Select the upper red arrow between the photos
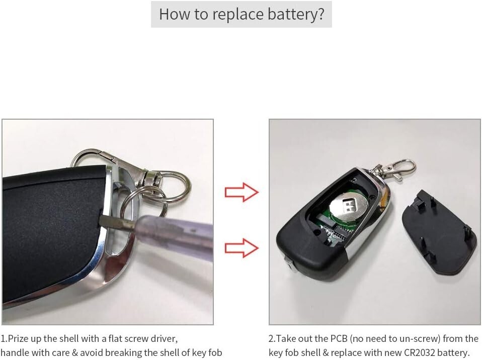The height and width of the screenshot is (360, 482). coord(242,192)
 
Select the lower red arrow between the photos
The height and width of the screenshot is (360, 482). coord(242,247)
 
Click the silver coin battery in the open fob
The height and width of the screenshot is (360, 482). coord(350,204)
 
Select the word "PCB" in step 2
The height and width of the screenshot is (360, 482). coord(339,339)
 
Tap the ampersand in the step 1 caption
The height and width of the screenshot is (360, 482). coord(75,352)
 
